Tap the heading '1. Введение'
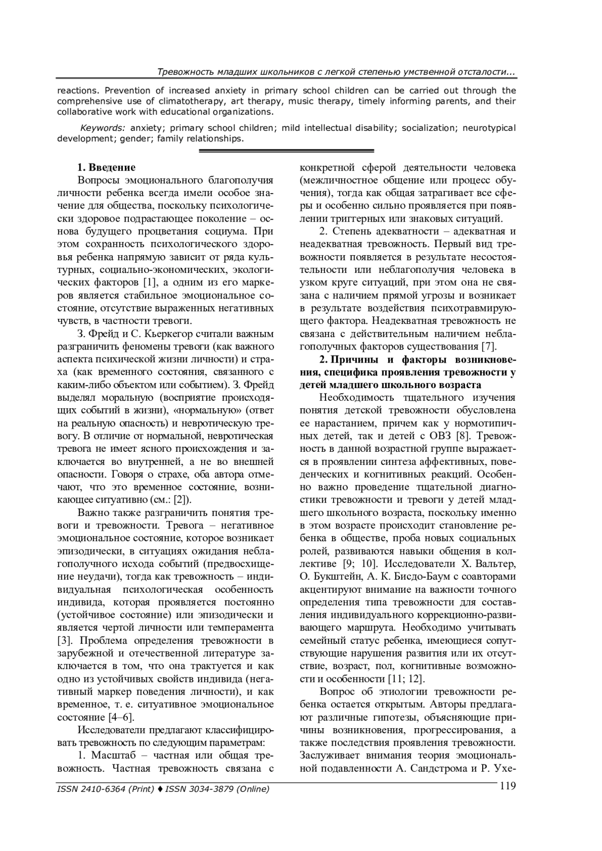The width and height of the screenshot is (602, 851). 106,167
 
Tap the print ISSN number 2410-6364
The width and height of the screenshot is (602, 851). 105,789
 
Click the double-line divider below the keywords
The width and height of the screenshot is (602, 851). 286,151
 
